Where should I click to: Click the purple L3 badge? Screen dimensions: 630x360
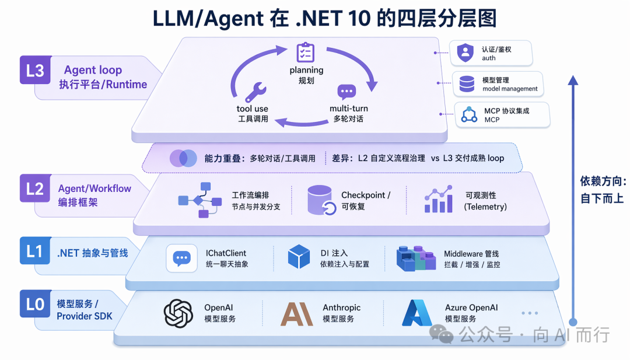(36, 70)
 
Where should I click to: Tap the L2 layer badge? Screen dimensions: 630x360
(36, 188)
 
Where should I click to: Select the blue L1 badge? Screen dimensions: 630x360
(36, 251)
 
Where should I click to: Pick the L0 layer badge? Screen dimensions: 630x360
(36, 303)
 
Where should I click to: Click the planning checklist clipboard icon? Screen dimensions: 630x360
(306, 53)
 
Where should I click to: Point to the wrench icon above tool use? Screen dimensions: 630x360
(256, 92)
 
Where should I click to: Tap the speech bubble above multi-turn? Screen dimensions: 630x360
(346, 92)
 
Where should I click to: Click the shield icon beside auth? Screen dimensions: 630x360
(466, 53)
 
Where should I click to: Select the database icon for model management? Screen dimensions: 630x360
(467, 84)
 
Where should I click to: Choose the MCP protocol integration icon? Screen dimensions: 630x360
(469, 114)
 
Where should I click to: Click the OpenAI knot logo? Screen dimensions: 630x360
(178, 313)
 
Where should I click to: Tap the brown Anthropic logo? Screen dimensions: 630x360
(296, 314)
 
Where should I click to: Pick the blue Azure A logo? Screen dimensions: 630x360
(416, 313)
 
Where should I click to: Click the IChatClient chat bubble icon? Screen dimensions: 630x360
(181, 258)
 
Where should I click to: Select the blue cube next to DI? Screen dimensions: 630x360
(299, 257)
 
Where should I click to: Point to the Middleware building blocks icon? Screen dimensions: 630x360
(416, 258)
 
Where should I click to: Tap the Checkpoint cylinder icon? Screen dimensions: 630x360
(321, 200)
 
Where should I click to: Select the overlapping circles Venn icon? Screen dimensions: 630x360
(183, 158)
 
